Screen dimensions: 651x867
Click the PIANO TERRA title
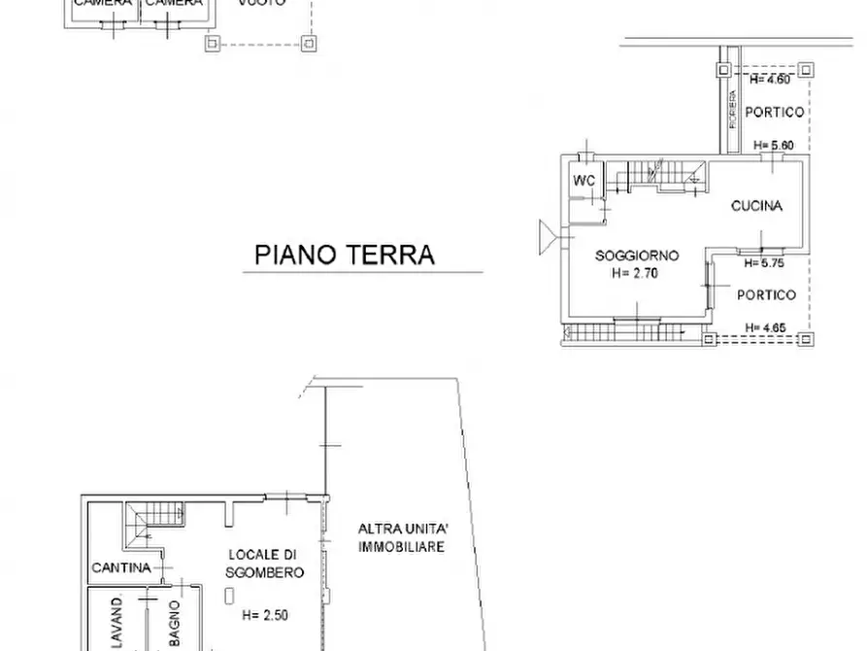tap(345, 256)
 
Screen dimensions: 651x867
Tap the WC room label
tap(584, 181)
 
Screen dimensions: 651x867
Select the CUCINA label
tap(756, 206)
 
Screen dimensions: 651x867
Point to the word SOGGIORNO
tap(636, 256)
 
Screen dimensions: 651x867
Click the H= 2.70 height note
tap(636, 273)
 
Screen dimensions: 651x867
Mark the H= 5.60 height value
tap(775, 146)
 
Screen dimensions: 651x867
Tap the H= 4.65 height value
tap(765, 327)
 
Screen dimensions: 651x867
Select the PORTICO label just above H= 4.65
tap(765, 295)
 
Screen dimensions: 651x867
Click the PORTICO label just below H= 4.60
tap(774, 112)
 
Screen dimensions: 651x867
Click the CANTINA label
tap(120, 567)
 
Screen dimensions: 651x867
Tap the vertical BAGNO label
tap(173, 622)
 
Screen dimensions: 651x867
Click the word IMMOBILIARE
tap(401, 547)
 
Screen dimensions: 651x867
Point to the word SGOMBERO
tap(265, 572)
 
